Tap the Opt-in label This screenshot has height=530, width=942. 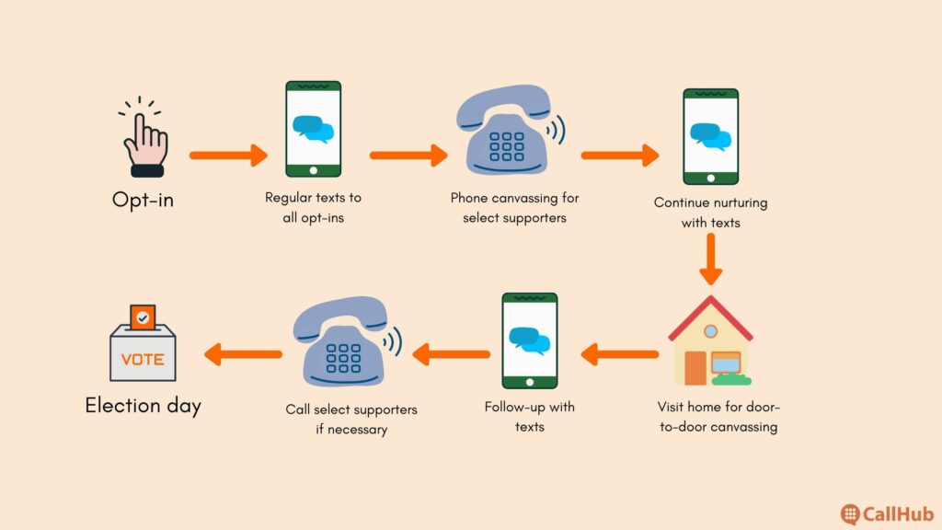click(x=143, y=200)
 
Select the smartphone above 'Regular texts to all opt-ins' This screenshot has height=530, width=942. click(x=313, y=129)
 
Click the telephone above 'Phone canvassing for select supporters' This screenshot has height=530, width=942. click(x=510, y=130)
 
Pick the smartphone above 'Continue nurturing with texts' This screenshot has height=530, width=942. click(x=711, y=136)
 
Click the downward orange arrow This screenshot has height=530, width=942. click(x=711, y=259)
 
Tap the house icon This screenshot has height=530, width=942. click(x=711, y=340)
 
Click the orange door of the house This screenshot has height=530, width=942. click(x=695, y=368)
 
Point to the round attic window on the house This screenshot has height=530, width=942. click(x=711, y=331)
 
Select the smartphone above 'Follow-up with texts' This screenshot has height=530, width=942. click(x=529, y=340)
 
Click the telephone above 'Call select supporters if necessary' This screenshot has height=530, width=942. click(x=347, y=341)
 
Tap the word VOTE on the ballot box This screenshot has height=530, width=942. click(x=143, y=360)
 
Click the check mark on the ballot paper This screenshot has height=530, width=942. click(x=143, y=317)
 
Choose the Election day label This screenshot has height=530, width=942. click(x=143, y=406)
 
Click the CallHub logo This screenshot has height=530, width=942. click(x=887, y=514)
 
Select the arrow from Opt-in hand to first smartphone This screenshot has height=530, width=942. click(x=228, y=155)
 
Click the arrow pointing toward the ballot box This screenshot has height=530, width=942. click(x=243, y=354)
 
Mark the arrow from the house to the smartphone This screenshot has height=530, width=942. click(x=619, y=354)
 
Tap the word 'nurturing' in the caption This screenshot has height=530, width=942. click(x=738, y=203)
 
